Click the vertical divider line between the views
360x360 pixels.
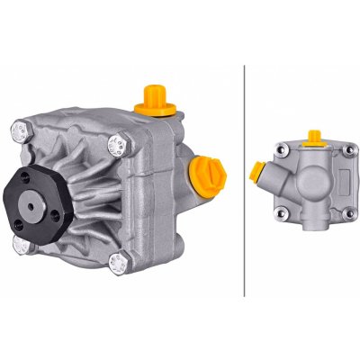245,180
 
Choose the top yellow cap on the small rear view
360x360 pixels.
314,138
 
